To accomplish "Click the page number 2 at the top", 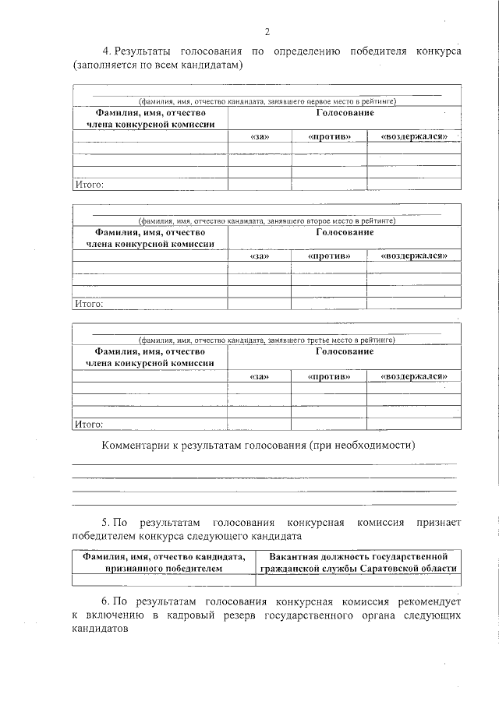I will pos(267,32).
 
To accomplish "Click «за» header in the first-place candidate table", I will pos(259,136).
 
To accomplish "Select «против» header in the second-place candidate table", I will pos(329,256).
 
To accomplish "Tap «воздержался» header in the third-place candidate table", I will pos(413,376).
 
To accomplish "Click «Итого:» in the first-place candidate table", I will pos(88,185).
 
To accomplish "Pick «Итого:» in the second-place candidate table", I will pos(88,304).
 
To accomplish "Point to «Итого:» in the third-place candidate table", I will pos(88,425).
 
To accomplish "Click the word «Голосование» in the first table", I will pos(344,114).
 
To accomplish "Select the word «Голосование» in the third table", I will pos(344,352).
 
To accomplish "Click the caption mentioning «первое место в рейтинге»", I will pos(267,101).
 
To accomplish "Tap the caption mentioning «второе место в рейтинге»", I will pos(267,221).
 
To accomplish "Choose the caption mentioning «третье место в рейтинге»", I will pos(267,340).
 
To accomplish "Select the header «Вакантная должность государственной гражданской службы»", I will pos(358,562).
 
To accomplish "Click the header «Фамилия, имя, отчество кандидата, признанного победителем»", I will pos(163,562).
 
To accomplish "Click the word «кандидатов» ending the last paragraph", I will pos(99,629).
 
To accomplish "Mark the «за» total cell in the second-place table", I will pos(259,304).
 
